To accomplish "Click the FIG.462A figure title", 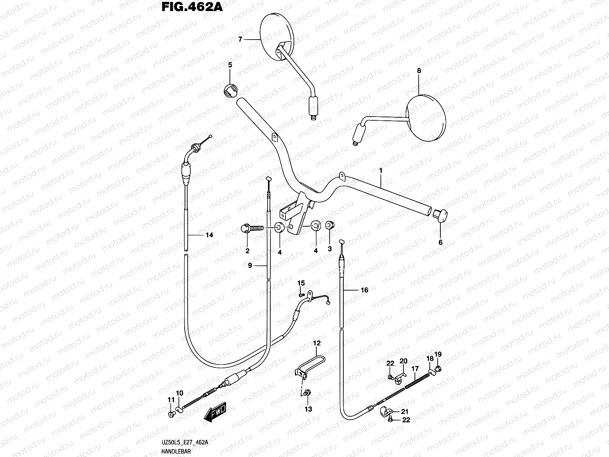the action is [192, 7].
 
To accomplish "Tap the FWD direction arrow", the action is [215, 412].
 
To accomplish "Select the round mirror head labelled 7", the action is [277, 37].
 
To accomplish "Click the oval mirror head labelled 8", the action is [426, 118].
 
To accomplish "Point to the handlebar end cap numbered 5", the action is [231, 90].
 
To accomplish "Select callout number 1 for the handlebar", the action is [381, 170].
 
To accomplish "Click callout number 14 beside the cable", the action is [209, 235].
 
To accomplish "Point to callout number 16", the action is [364, 290].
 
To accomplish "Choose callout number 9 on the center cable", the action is [250, 265].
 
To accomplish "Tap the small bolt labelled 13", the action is [307, 393].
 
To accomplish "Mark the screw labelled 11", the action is [171, 414].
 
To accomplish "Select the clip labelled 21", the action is [385, 412].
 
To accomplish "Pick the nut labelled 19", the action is [438, 369].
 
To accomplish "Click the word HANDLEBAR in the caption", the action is [176, 451].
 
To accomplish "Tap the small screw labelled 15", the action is [302, 295].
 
